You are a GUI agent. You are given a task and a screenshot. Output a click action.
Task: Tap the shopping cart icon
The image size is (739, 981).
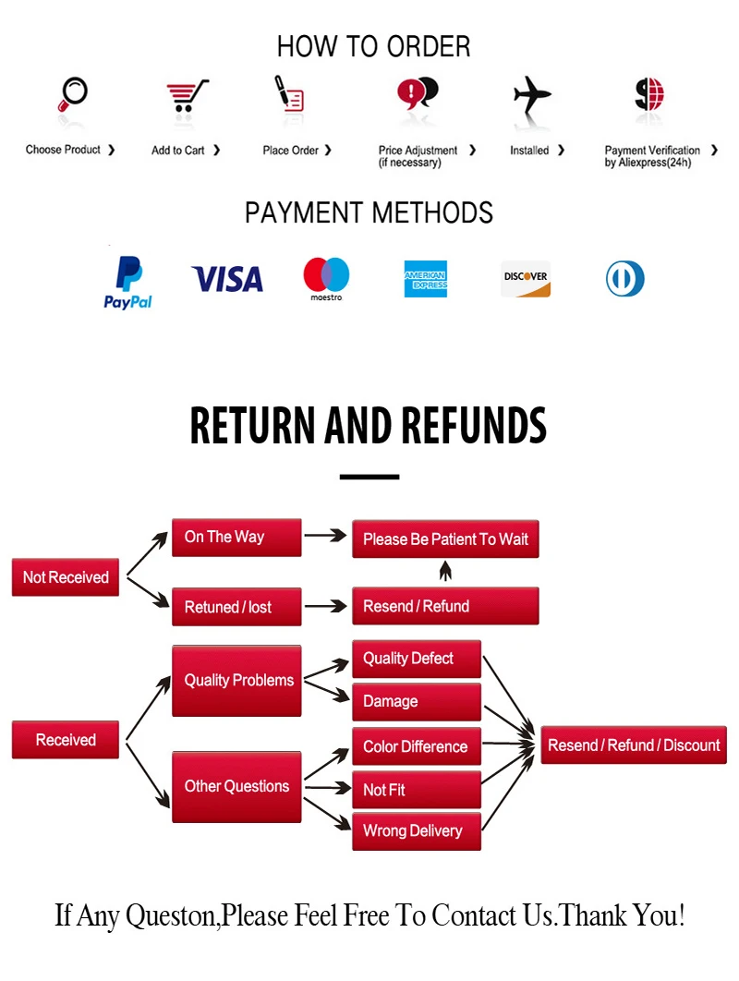(187, 95)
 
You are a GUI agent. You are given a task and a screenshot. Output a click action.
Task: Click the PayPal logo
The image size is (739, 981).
(127, 283)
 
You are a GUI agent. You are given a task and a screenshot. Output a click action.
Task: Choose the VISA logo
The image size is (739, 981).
(227, 278)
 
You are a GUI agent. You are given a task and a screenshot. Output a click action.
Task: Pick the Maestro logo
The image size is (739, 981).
(326, 279)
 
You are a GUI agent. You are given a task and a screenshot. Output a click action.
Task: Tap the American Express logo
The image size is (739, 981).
(425, 279)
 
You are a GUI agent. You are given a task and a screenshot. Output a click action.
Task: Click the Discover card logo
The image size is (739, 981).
(526, 279)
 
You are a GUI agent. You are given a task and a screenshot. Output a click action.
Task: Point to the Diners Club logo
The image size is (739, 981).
(625, 279)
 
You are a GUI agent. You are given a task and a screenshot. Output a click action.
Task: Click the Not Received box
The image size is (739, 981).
(66, 577)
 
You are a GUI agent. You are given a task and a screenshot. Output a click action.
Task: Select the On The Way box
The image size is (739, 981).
(236, 537)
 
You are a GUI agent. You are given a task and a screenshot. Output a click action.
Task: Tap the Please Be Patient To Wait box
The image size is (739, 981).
(445, 539)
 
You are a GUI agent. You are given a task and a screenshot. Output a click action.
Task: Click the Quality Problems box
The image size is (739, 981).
(236, 681)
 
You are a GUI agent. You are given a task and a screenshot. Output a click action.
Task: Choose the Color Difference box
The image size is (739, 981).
(416, 746)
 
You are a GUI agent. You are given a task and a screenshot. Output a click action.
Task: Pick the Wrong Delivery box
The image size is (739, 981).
(416, 830)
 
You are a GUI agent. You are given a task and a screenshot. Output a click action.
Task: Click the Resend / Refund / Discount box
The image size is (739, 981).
(634, 745)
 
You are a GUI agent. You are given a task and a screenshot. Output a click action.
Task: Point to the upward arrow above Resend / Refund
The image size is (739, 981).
(445, 573)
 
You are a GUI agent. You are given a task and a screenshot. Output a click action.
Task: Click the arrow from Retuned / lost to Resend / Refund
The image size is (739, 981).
(325, 607)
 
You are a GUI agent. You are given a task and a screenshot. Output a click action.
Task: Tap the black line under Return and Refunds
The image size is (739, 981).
(369, 477)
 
